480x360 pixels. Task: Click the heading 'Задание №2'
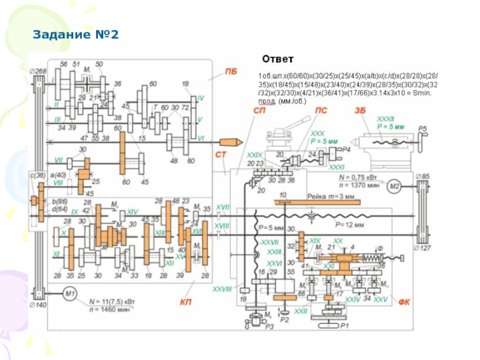coord(76,35)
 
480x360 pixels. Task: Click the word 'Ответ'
coord(277,59)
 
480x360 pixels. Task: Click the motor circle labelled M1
coord(69,293)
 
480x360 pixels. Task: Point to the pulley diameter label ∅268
coord(38,72)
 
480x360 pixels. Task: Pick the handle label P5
coord(422,128)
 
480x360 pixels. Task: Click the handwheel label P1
coord(344,326)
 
